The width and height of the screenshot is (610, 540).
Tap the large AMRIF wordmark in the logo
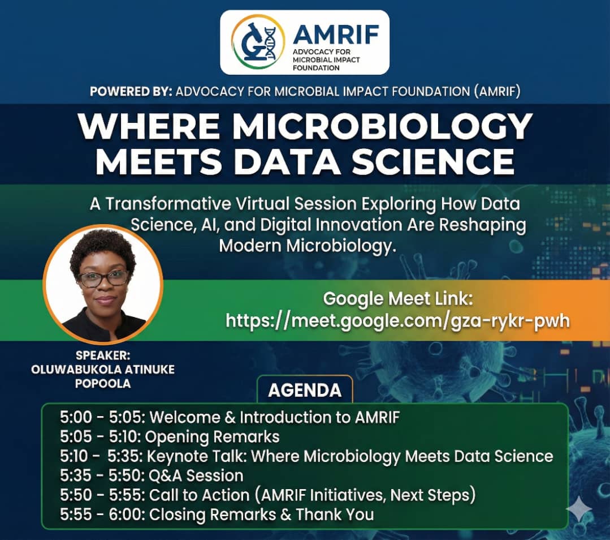[336, 36]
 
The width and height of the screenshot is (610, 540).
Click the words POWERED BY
[131, 92]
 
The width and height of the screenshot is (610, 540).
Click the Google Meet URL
[397, 320]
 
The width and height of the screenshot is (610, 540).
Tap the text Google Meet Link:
[397, 298]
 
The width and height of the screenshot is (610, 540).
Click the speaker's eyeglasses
[103, 278]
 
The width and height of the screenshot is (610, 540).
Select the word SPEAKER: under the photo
[103, 356]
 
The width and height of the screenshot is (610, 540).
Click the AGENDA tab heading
[305, 390]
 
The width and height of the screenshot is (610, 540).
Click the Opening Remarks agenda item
[214, 437]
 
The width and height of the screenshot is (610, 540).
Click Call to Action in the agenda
[199, 495]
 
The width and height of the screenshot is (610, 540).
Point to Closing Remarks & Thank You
[261, 514]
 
